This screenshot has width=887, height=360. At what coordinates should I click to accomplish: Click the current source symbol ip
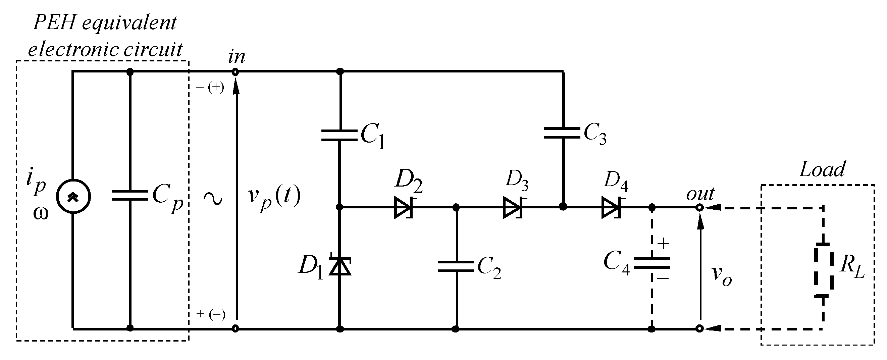pyautogui.click(x=73, y=196)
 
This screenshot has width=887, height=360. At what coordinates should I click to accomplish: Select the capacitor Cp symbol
pyautogui.click(x=130, y=195)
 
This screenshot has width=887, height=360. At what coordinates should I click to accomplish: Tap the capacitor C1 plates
pyautogui.click(x=340, y=135)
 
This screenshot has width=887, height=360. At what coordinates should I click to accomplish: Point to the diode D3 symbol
pyautogui.click(x=512, y=207)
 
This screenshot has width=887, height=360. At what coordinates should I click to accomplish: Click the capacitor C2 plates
pyautogui.click(x=456, y=266)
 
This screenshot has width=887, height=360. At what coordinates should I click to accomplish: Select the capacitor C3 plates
pyautogui.click(x=562, y=133)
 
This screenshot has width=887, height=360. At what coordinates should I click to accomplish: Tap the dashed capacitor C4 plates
pyautogui.click(x=651, y=262)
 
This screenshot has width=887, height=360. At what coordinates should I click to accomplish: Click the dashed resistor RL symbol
pyautogui.click(x=823, y=270)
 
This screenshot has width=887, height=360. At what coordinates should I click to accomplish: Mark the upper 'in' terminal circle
pyautogui.click(x=235, y=72)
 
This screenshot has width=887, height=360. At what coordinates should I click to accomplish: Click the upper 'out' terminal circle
pyautogui.click(x=699, y=208)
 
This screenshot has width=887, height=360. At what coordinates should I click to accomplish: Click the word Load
pyautogui.click(x=822, y=170)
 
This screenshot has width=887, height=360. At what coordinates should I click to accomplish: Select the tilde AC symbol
pyautogui.click(x=212, y=199)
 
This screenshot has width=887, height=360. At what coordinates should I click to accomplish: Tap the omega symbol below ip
pyautogui.click(x=41, y=214)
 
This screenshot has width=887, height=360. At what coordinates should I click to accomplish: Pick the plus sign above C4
pyautogui.click(x=663, y=244)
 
